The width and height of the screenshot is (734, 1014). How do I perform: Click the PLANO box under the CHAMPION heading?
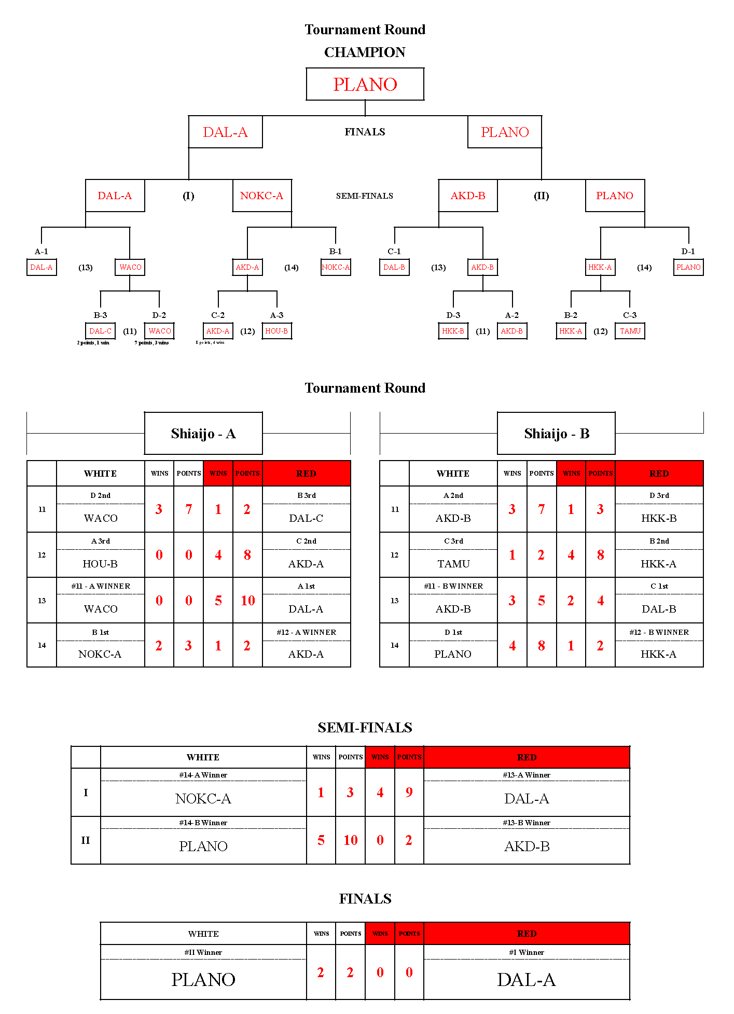pos(365,84)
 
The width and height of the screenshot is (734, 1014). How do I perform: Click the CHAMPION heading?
pos(365,52)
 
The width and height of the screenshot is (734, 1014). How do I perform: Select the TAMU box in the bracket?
pos(630,331)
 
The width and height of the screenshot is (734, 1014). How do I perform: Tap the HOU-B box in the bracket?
pos(276,331)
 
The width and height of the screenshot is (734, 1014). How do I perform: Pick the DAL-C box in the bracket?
pos(100,331)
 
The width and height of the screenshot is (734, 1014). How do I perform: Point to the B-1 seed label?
pos(336,252)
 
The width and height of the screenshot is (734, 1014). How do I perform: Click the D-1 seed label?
pos(688,252)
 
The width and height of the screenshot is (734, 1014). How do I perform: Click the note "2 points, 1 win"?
pos(93,343)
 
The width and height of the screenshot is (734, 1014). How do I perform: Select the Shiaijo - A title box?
pos(203,434)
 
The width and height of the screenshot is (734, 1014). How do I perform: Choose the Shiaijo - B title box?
pos(556,434)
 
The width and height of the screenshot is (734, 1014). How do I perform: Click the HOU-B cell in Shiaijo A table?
pos(100,564)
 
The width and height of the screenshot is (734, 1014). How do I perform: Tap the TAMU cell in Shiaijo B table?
pos(453,564)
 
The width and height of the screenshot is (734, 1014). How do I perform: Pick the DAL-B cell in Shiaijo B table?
pos(659,609)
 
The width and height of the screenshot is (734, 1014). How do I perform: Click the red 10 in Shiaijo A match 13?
pos(247,601)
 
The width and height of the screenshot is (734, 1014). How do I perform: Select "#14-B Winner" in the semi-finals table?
pos(203,823)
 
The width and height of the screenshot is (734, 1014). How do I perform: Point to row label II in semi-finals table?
pos(86,840)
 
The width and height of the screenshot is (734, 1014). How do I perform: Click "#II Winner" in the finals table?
pos(203,952)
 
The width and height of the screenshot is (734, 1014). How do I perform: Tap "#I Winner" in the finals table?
pos(527,952)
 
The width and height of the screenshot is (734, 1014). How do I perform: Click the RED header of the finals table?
pos(527,934)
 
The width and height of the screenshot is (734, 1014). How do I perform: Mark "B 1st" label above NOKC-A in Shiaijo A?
pos(100,632)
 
